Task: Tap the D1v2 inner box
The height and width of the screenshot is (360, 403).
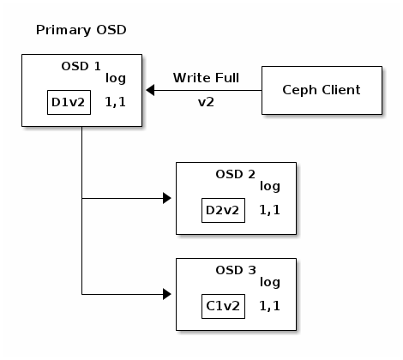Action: (x=68, y=103)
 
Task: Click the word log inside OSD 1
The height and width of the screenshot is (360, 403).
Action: (x=116, y=79)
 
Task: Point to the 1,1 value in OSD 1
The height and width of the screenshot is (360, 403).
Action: (x=116, y=102)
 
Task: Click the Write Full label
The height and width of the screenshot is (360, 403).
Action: (x=205, y=78)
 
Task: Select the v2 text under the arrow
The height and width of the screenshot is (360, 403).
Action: (x=206, y=100)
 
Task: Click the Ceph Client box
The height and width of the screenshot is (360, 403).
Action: (x=322, y=90)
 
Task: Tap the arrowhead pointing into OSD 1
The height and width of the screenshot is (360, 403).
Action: (x=151, y=90)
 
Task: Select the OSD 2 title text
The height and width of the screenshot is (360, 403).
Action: (x=235, y=174)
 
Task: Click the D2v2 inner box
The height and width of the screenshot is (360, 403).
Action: (x=222, y=210)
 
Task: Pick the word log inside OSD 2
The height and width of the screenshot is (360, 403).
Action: (x=270, y=187)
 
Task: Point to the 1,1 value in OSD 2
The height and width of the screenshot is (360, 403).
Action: (x=270, y=210)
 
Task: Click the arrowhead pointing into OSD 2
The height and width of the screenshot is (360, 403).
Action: (x=167, y=199)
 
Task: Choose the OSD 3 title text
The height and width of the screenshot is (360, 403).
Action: (x=235, y=270)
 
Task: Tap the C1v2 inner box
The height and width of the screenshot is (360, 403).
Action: (x=222, y=306)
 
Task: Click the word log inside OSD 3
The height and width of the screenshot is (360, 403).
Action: (x=270, y=283)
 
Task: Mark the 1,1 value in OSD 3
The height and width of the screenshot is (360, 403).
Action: (x=270, y=306)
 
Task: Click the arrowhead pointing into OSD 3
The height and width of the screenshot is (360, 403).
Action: (x=167, y=295)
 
